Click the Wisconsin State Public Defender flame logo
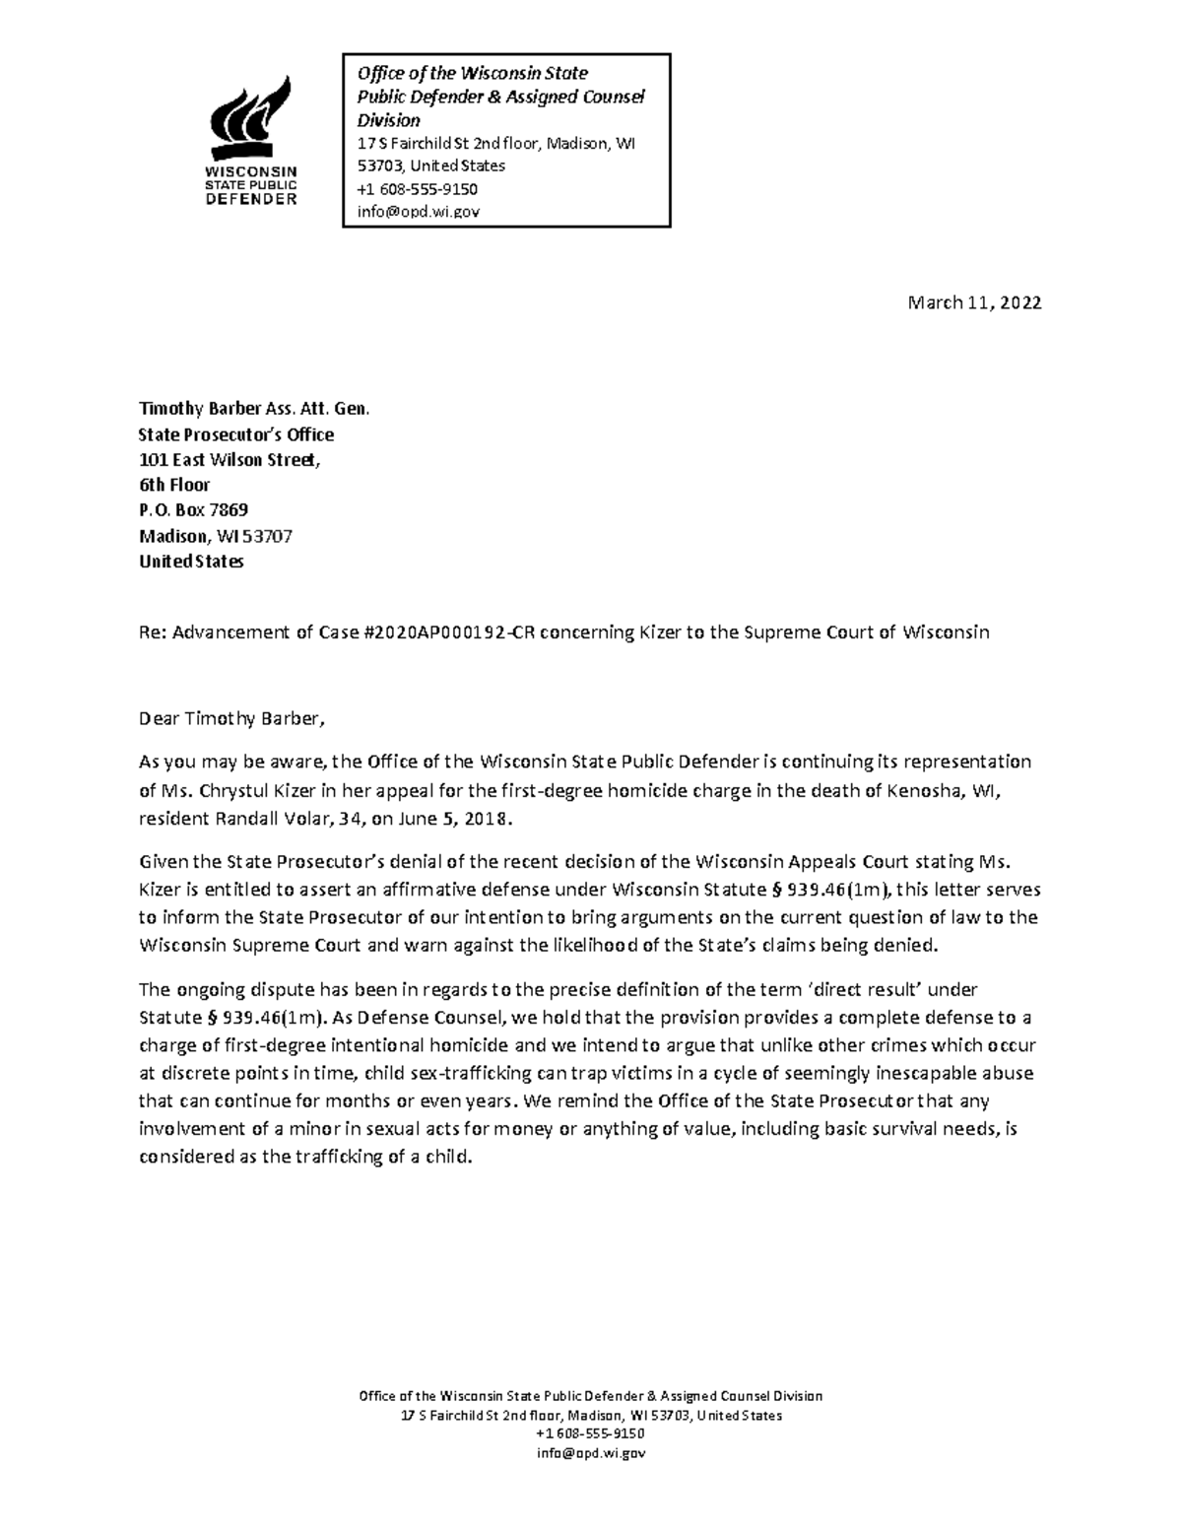(x=252, y=118)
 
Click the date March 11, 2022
(x=974, y=303)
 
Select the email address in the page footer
(x=590, y=1453)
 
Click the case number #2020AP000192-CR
(x=450, y=632)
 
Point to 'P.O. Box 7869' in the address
(x=193, y=510)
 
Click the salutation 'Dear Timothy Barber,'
(x=230, y=718)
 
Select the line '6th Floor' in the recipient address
(x=174, y=485)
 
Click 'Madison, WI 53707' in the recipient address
(x=216, y=537)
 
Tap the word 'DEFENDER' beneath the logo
(x=250, y=199)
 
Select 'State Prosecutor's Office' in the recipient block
(x=236, y=434)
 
